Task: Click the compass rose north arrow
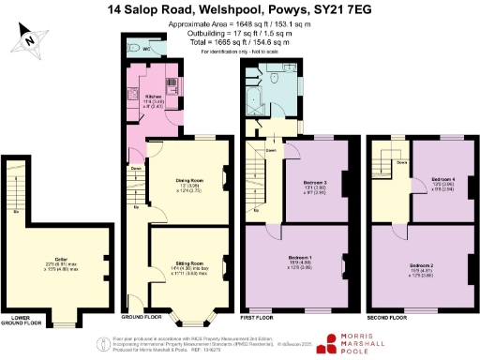pos(31,39)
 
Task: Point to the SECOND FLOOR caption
pos(390,318)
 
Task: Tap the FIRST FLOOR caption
pos(268,318)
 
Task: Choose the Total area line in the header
pos(240,42)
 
